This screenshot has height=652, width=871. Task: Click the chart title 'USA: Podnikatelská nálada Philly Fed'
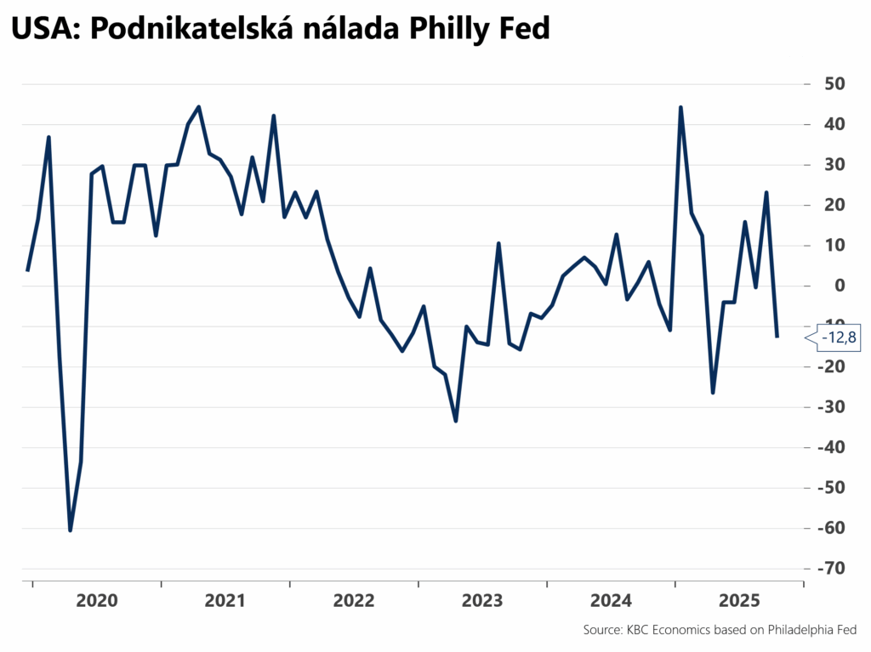tap(281, 30)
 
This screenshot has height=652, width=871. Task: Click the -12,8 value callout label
tap(839, 338)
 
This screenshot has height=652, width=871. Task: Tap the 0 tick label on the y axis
tap(838, 286)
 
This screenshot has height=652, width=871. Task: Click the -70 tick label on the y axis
tap(828, 569)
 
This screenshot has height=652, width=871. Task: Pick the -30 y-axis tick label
tap(828, 407)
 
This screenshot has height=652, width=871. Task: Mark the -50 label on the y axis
tap(828, 488)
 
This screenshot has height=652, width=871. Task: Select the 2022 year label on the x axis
tap(354, 601)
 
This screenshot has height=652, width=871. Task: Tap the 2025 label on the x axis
tap(739, 601)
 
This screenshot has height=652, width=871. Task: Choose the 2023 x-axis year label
tap(482, 601)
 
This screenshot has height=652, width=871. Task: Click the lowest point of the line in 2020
tap(70, 530)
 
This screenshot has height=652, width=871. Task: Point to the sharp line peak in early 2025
tap(680, 107)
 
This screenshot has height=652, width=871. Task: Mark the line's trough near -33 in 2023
tap(456, 421)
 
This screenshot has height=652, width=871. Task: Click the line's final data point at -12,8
tap(777, 337)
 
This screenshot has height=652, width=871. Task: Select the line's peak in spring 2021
tap(198, 106)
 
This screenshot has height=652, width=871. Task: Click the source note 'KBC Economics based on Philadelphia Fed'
tap(720, 630)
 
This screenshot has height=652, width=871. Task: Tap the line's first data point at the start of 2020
tap(27, 270)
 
